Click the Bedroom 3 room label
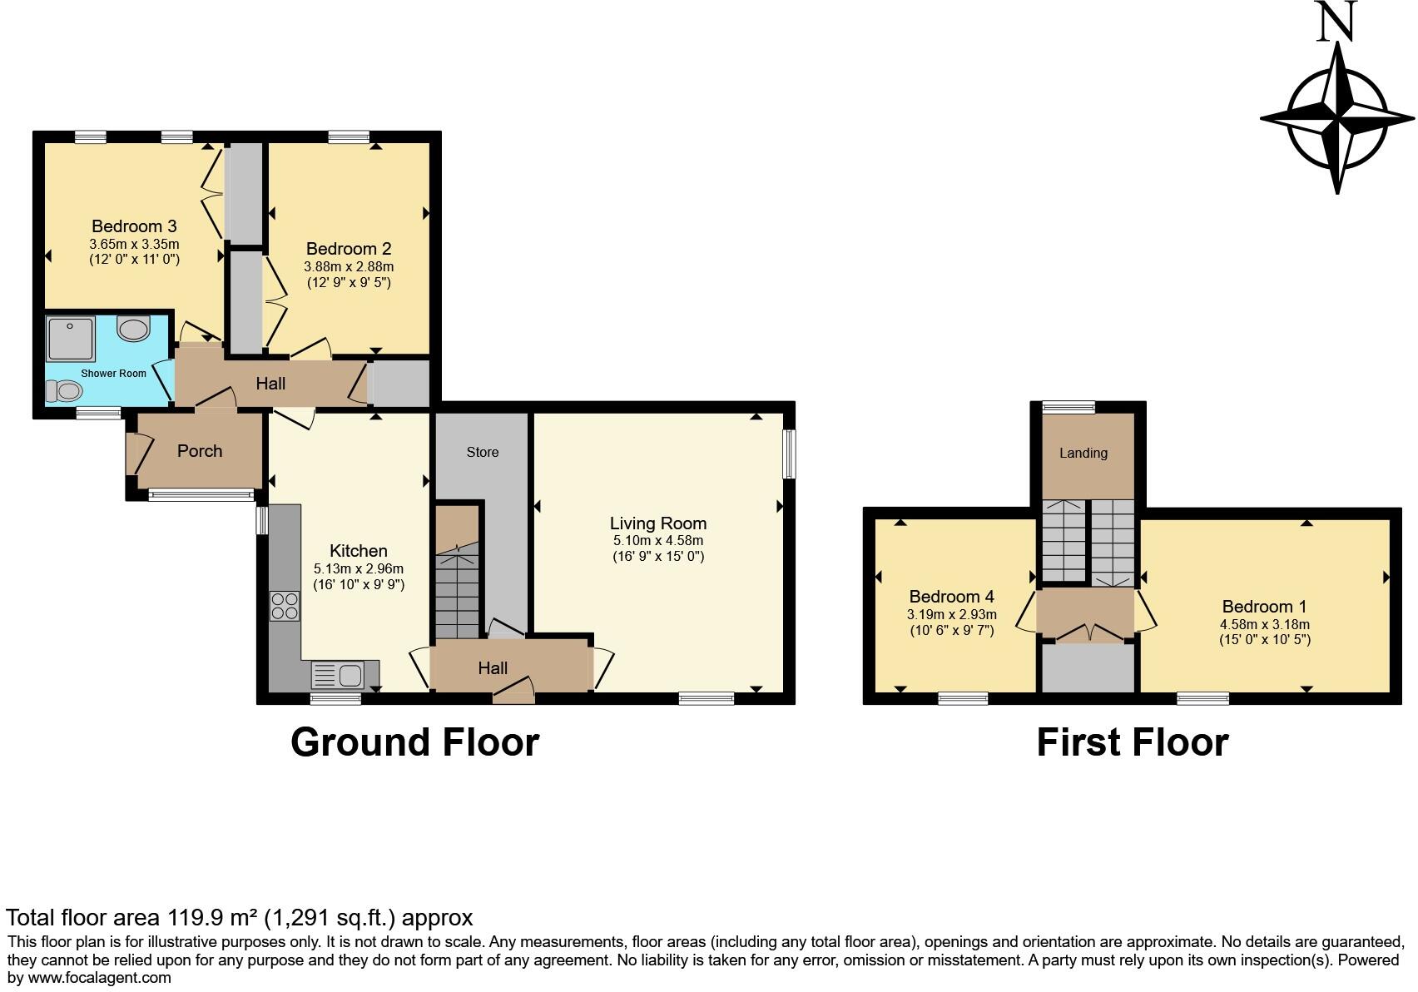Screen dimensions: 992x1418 134,226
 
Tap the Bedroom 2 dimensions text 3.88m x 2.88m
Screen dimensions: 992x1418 349,266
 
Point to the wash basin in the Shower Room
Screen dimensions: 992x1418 133,329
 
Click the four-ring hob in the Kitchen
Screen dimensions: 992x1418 285,606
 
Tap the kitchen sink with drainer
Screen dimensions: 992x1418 338,672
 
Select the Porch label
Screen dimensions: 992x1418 200,451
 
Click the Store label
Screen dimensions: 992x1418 483,452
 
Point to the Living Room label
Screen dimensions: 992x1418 658,523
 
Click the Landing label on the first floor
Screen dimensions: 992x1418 1083,453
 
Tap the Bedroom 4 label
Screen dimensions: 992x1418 951,597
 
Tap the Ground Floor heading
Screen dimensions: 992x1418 414,742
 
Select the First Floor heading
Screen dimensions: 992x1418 1132,742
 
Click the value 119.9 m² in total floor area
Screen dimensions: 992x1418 211,918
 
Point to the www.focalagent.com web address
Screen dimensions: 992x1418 100,977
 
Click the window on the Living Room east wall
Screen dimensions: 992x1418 789,454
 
